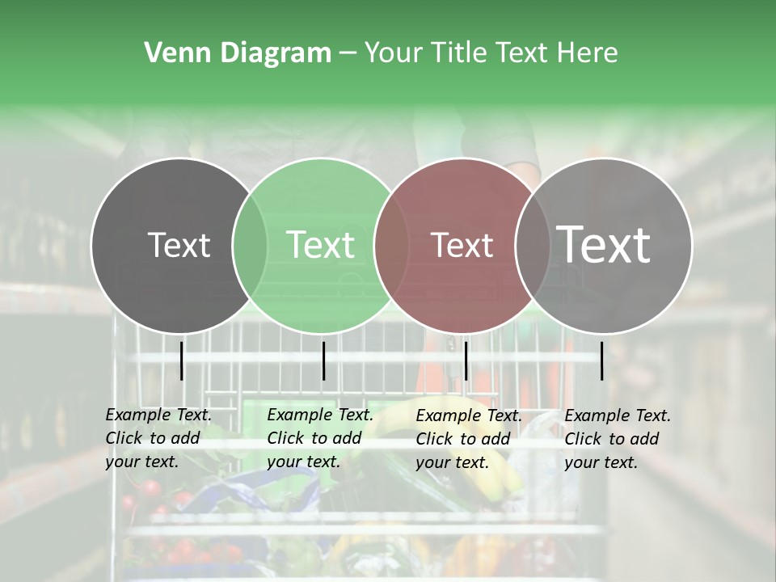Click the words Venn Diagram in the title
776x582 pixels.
(x=238, y=53)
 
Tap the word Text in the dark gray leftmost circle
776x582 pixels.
(x=179, y=245)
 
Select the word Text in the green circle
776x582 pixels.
(x=321, y=245)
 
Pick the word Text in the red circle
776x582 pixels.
(x=462, y=245)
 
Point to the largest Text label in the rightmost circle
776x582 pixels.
(x=603, y=245)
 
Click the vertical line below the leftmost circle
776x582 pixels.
(x=182, y=361)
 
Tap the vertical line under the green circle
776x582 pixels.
(x=323, y=361)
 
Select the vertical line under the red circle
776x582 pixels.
(x=466, y=361)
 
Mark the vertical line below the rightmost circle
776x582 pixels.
(x=601, y=361)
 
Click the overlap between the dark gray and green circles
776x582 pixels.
(x=250, y=245)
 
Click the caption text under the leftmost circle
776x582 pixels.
(x=158, y=438)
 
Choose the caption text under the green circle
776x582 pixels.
(x=319, y=438)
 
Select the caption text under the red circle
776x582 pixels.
(x=468, y=439)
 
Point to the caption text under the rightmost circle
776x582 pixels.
(x=617, y=439)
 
